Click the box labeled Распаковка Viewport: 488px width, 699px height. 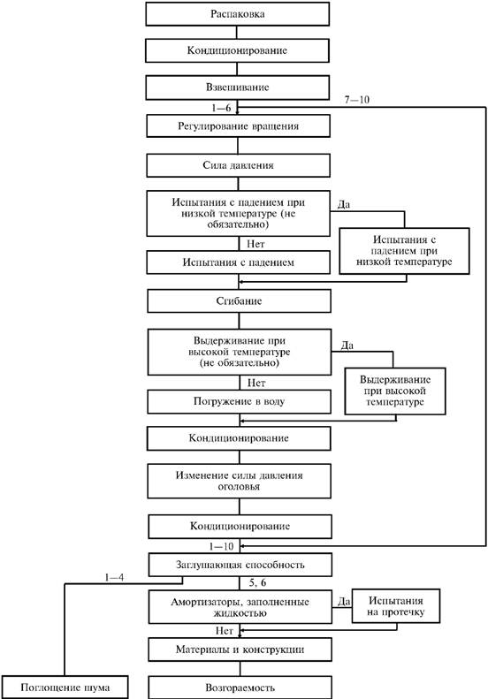(x=237, y=14)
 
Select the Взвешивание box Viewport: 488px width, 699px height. (x=237, y=87)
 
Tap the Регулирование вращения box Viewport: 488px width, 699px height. (x=238, y=126)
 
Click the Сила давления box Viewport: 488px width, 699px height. (x=238, y=165)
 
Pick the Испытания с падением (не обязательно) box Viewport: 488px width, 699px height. (x=238, y=214)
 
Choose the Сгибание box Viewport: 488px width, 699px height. (x=239, y=301)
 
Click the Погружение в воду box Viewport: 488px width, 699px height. (x=239, y=402)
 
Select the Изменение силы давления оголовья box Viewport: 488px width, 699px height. (x=239, y=481)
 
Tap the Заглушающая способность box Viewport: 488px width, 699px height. (x=240, y=565)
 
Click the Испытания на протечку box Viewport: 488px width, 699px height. (x=396, y=606)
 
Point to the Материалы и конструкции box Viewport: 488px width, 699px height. (x=240, y=650)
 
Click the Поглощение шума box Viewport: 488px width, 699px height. (x=65, y=688)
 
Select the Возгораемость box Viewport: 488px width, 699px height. (x=240, y=688)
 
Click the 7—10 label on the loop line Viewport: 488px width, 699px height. (x=357, y=100)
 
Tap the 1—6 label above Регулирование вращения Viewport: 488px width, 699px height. (x=221, y=108)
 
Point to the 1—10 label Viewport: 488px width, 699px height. (x=221, y=546)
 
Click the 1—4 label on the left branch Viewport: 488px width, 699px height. (x=114, y=578)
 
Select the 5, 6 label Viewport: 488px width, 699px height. (x=257, y=582)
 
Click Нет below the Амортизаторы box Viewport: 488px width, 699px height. (x=225, y=631)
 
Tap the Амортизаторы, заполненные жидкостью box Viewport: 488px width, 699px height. (x=240, y=607)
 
